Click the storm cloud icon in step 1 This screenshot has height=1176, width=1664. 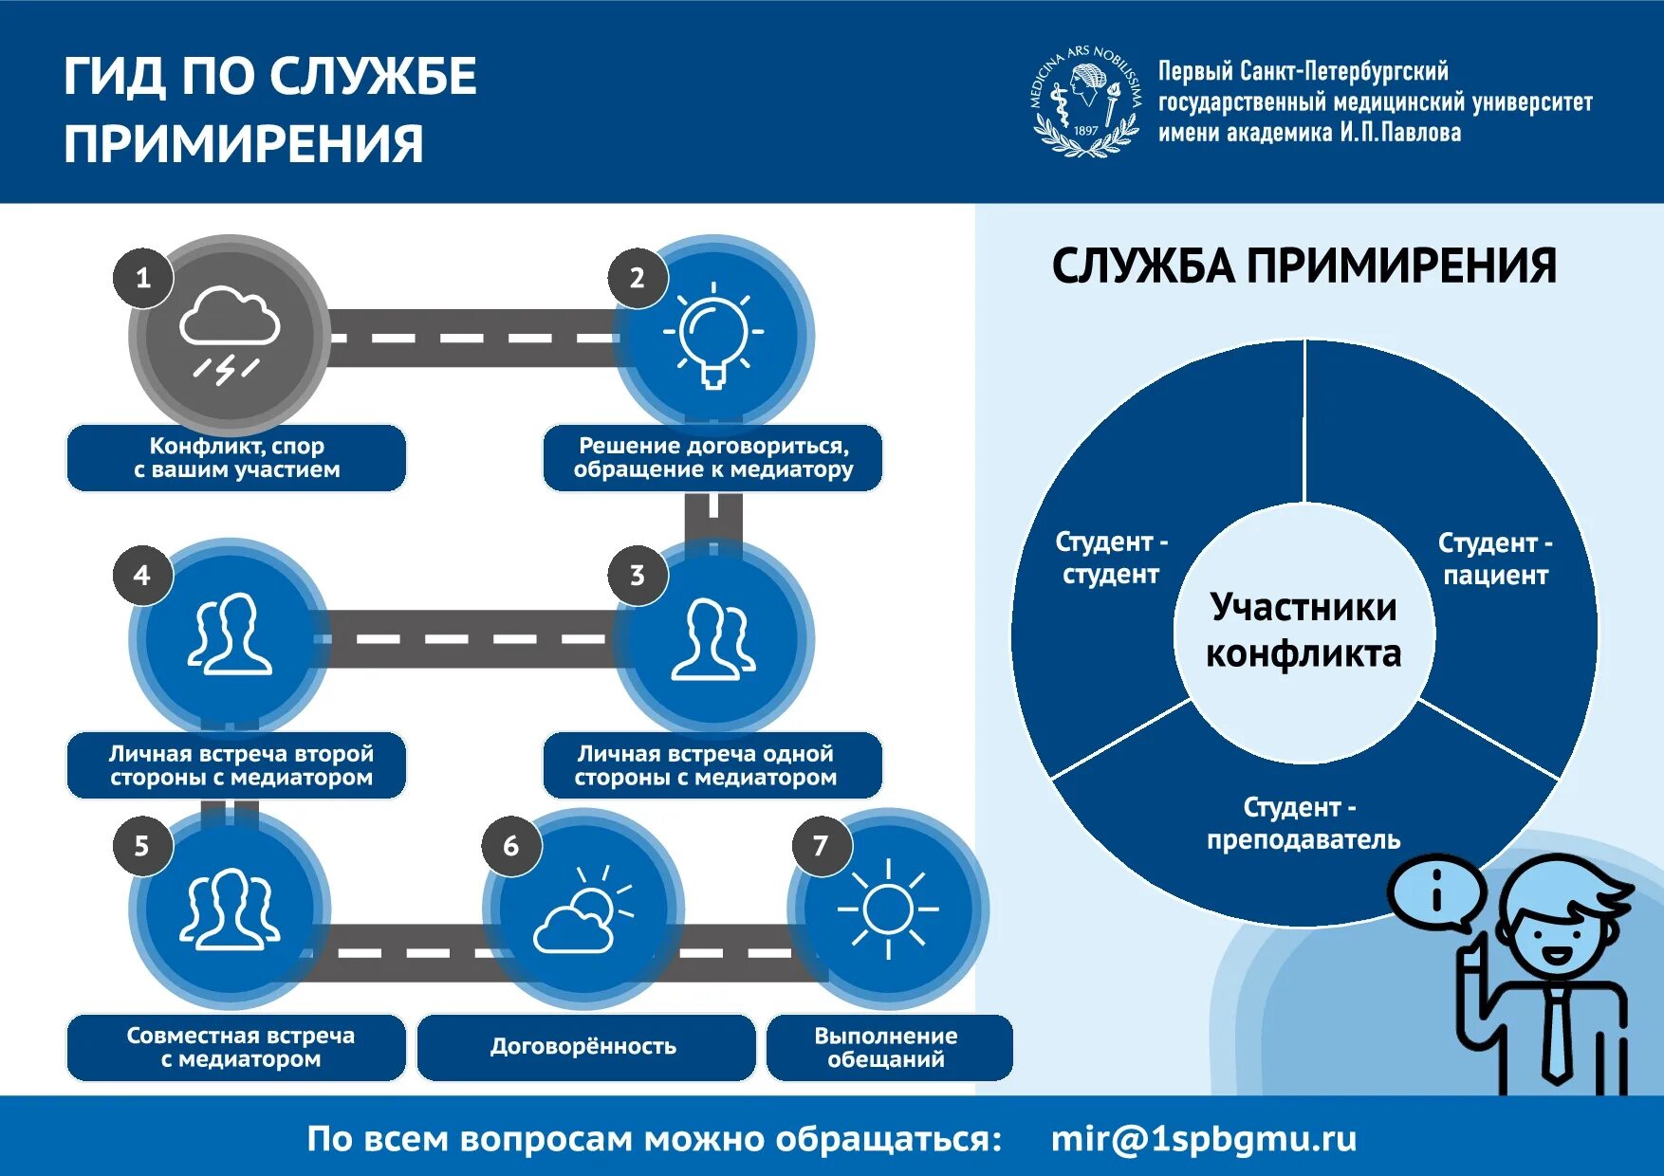pos(230,333)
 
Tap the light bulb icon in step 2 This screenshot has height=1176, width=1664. pos(713,335)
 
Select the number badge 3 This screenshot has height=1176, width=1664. pos(637,575)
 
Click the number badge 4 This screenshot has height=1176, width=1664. pos(142,575)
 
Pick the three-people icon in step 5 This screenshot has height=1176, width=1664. pos(230,910)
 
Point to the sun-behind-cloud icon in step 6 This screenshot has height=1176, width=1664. pos(582,911)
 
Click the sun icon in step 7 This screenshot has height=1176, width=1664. pos(888,910)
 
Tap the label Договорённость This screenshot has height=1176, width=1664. pos(583,1046)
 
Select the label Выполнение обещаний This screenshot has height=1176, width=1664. pos(886,1047)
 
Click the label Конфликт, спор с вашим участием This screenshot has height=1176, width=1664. pos(236,458)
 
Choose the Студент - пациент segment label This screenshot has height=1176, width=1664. pos(1495,559)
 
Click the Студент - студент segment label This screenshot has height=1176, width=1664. pos(1111,558)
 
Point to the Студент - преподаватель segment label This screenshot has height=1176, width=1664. pos(1303,823)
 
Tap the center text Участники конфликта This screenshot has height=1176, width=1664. pos(1303,630)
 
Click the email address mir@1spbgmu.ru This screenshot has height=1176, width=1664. pos(1203,1138)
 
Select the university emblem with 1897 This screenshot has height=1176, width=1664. pos(1086,101)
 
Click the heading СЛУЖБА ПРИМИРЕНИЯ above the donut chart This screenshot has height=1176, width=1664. pos(1303,266)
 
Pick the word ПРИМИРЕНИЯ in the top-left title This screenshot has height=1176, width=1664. pos(244,144)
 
